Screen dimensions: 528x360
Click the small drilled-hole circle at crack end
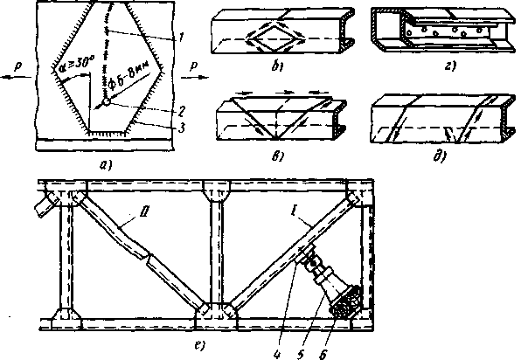tap(105, 102)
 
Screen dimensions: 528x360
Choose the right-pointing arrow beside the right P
tap(200, 76)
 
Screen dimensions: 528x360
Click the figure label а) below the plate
tap(105, 161)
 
